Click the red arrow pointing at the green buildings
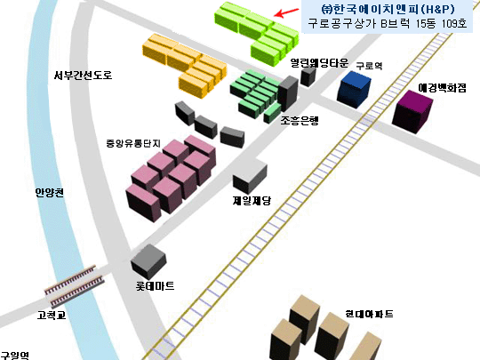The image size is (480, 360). coord(286,12)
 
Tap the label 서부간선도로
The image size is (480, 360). coord(83,75)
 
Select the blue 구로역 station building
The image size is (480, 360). coord(354,90)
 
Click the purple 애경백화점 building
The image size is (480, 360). coord(412,112)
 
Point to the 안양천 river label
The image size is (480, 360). coord(50,192)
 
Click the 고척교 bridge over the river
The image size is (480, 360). coord(74,286)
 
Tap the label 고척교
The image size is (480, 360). coord(52,315)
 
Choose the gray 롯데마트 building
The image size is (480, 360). coord(148,261)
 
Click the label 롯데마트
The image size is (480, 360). coord(156,286)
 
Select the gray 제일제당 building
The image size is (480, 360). coord(250,176)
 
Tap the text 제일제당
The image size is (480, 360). coord(252,201)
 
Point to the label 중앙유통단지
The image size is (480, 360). coord(133,143)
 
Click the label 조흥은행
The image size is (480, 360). coord(300,121)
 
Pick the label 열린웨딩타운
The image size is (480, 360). coord(319,63)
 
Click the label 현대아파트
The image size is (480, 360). coord(369,314)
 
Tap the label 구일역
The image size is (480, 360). coord(14,355)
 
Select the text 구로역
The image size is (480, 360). coord(369,66)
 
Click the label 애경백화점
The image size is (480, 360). coord(442,88)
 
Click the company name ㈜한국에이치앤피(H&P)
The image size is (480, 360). coord(388,9)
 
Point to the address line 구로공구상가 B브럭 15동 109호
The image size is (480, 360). coord(388,23)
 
